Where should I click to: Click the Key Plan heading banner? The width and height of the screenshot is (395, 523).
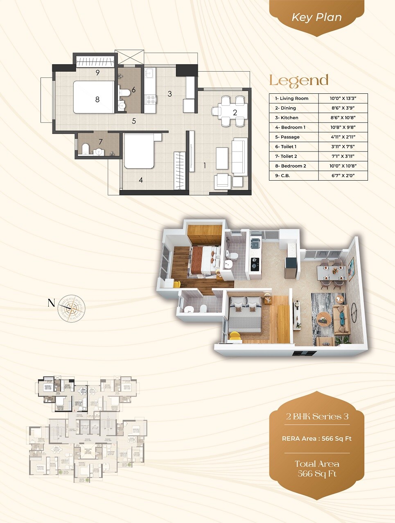pyautogui.click(x=316, y=18)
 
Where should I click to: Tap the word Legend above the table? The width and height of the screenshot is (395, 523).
pyautogui.click(x=299, y=81)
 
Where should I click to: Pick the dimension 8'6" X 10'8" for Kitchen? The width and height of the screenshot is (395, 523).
pyautogui.click(x=343, y=118)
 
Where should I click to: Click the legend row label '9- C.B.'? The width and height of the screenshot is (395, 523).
pyautogui.click(x=282, y=176)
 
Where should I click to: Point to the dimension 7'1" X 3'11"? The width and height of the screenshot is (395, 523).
pyautogui.click(x=343, y=156)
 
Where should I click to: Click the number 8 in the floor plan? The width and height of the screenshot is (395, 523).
pyautogui.click(x=97, y=99)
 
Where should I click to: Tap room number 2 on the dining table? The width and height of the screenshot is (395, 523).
pyautogui.click(x=235, y=112)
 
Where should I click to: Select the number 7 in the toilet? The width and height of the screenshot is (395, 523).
pyautogui.click(x=100, y=142)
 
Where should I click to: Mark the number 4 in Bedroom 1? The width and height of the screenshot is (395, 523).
pyautogui.click(x=141, y=180)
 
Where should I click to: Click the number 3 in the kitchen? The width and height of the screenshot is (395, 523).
pyautogui.click(x=170, y=94)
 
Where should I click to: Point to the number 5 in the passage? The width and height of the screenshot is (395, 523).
pyautogui.click(x=134, y=121)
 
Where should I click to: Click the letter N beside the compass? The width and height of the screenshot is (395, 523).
pyautogui.click(x=51, y=303)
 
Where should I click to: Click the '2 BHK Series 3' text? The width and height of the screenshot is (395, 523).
pyautogui.click(x=317, y=417)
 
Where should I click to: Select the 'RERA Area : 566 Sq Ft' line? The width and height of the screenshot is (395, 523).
pyautogui.click(x=317, y=438)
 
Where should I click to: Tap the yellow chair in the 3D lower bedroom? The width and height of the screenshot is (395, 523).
pyautogui.click(x=235, y=336)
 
